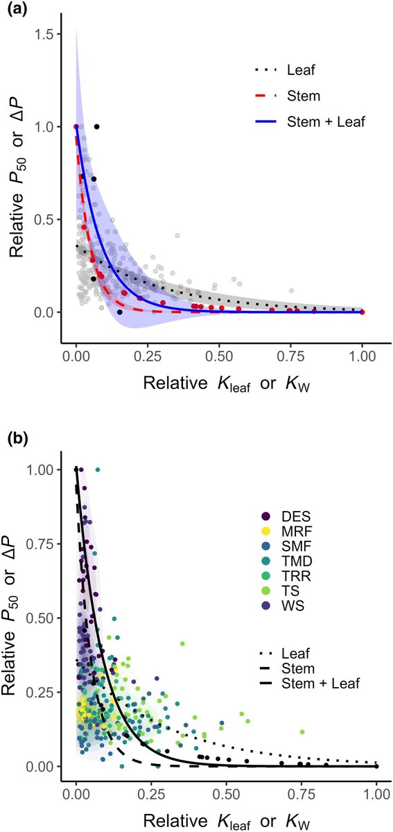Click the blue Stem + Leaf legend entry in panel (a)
point(308,122)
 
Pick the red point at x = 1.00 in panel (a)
point(363,313)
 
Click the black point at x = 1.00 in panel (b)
point(376,766)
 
